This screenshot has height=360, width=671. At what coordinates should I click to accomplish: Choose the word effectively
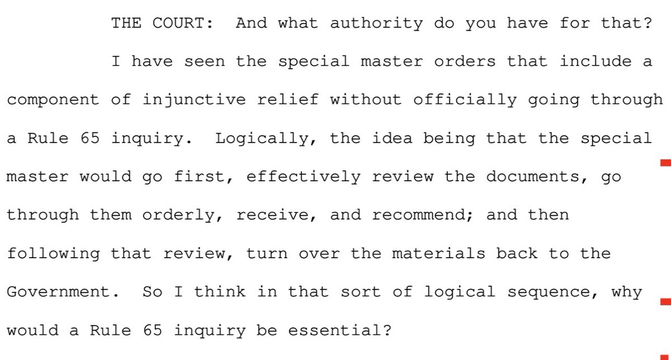pos(303,177)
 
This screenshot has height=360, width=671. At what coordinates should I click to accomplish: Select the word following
pos(54,254)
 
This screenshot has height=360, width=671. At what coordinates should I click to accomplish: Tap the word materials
pos(438,254)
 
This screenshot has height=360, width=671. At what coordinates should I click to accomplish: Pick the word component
pos(54,100)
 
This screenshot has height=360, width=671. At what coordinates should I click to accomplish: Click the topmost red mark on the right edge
pos(665,163)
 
